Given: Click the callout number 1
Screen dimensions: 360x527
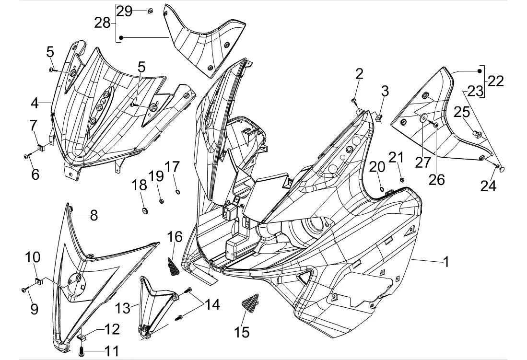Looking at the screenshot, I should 446,262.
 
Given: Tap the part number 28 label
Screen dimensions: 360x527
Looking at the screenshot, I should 102,23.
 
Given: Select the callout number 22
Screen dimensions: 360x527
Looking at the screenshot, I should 496,81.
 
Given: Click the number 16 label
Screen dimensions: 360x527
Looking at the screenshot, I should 175,236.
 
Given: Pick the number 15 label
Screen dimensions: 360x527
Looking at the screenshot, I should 243,331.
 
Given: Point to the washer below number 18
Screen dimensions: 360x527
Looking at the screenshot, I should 144,210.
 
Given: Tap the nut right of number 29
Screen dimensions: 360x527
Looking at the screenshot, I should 150,11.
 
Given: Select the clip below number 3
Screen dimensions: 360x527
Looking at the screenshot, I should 378,116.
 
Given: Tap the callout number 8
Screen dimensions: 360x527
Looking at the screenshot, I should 94,215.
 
